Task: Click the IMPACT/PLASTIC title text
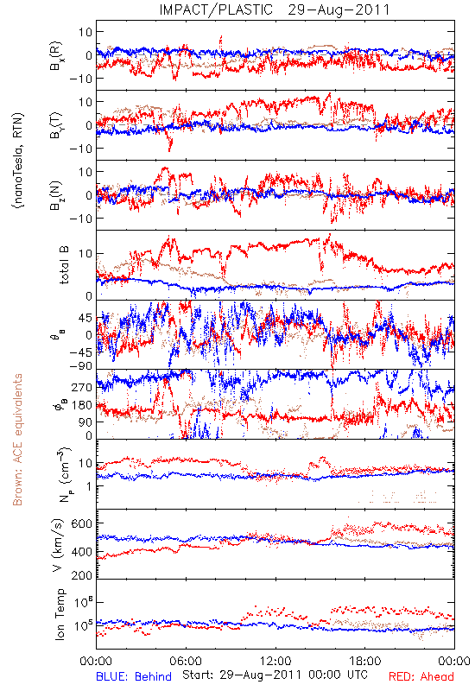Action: click(x=217, y=10)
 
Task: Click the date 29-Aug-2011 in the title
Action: click(x=339, y=10)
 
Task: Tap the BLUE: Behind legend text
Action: click(x=134, y=677)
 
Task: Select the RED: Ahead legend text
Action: click(x=421, y=677)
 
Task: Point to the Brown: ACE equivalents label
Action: click(x=17, y=440)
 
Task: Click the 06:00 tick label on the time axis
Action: click(x=186, y=661)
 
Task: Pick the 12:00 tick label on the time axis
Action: click(x=275, y=661)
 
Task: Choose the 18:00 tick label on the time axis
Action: click(x=365, y=661)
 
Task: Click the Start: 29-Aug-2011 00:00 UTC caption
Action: click(x=275, y=675)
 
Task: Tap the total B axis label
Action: click(x=64, y=265)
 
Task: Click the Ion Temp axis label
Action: click(x=60, y=614)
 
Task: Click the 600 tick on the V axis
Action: click(x=81, y=523)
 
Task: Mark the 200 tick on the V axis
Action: click(x=81, y=574)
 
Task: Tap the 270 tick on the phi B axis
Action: click(x=82, y=387)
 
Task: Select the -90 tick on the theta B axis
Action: click(x=80, y=365)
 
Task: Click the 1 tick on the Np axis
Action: click(x=89, y=486)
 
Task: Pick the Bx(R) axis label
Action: click(x=56, y=55)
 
